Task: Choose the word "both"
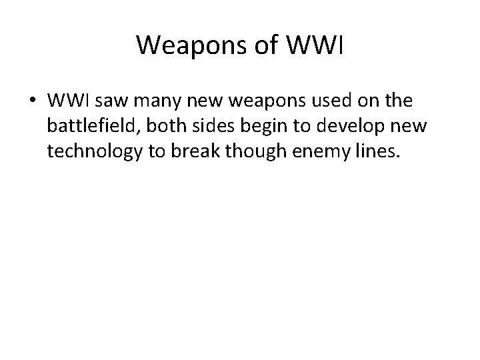(159, 127)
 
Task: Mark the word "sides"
(204, 127)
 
